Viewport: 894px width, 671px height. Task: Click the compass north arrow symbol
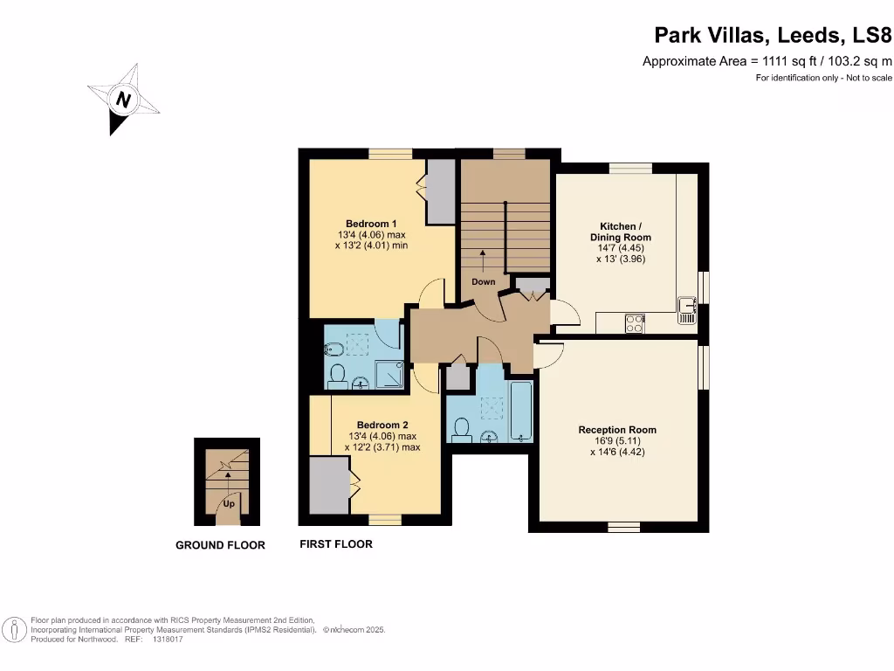[x=123, y=100]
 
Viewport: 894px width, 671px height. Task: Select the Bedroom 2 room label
[x=382, y=425]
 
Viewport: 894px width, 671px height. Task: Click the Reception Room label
[x=616, y=429]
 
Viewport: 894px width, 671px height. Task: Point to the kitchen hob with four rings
[x=635, y=322]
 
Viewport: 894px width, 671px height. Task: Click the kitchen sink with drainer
[x=687, y=310]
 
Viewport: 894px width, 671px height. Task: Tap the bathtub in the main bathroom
[x=521, y=410]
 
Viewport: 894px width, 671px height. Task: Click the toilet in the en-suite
[x=337, y=377]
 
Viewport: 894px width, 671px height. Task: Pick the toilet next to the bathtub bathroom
[x=463, y=429]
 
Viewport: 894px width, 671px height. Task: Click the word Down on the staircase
[x=483, y=281]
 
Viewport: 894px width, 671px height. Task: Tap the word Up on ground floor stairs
[x=228, y=504]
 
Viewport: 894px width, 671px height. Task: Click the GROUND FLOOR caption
[x=220, y=545]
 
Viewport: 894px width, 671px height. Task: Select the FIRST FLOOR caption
[x=336, y=544]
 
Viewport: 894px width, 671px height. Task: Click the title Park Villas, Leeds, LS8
[x=773, y=36]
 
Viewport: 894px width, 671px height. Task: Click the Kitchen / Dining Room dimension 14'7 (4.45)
[x=620, y=248]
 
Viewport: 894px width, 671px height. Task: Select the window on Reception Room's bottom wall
[x=623, y=527]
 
